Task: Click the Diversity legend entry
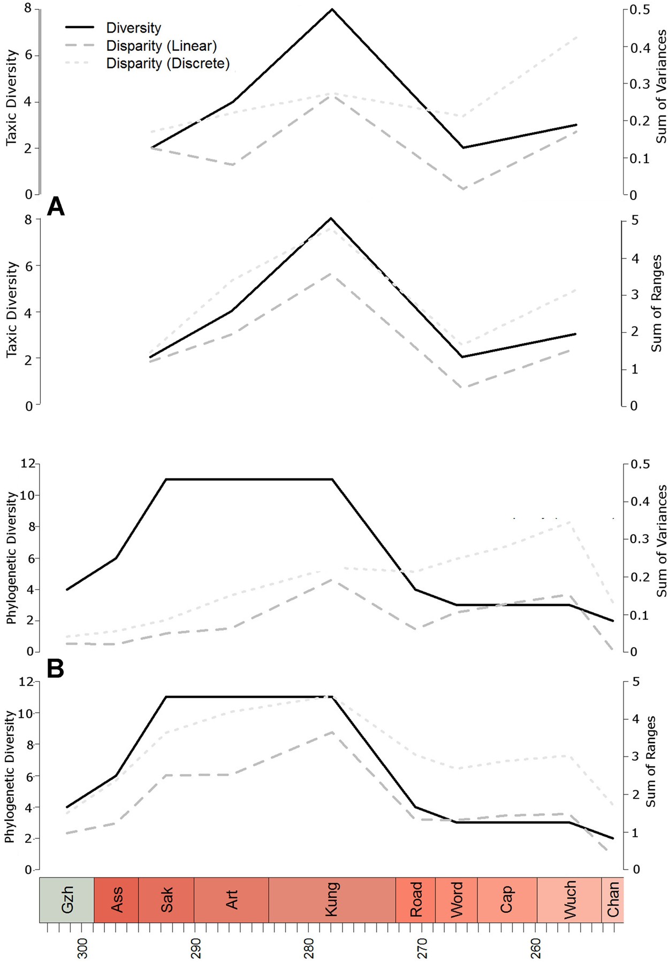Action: [133, 28]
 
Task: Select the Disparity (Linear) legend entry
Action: [161, 45]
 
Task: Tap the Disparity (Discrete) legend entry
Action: [168, 63]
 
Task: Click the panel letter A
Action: [56, 207]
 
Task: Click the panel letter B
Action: [56, 669]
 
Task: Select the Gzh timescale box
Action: [67, 900]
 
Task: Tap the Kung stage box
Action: [332, 900]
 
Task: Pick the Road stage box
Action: [415, 900]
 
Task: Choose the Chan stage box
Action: [613, 900]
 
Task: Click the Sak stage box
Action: [166, 900]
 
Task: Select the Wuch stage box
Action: [569, 900]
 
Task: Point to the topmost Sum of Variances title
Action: [662, 87]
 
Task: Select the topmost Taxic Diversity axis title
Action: [11, 98]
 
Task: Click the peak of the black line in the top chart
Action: [332, 9]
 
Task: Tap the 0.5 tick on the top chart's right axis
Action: [640, 10]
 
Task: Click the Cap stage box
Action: [507, 900]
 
